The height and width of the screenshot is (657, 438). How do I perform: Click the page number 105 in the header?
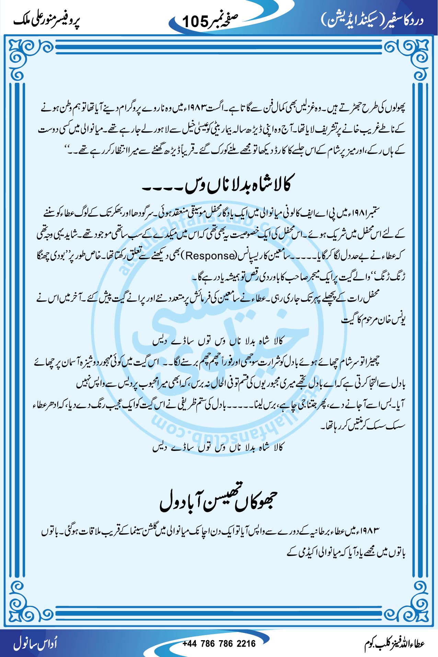point(195,21)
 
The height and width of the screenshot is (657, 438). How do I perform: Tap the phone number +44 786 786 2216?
point(219,643)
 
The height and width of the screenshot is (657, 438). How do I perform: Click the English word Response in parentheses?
point(210,256)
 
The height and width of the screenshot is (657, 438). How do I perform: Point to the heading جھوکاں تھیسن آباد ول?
point(218,500)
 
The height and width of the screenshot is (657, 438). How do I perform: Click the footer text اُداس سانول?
point(36,643)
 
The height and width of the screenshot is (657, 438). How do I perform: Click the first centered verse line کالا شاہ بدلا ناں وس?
point(218,341)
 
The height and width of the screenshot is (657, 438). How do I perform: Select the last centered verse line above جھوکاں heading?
point(218,447)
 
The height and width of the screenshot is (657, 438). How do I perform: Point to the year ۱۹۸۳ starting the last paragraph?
point(370,531)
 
